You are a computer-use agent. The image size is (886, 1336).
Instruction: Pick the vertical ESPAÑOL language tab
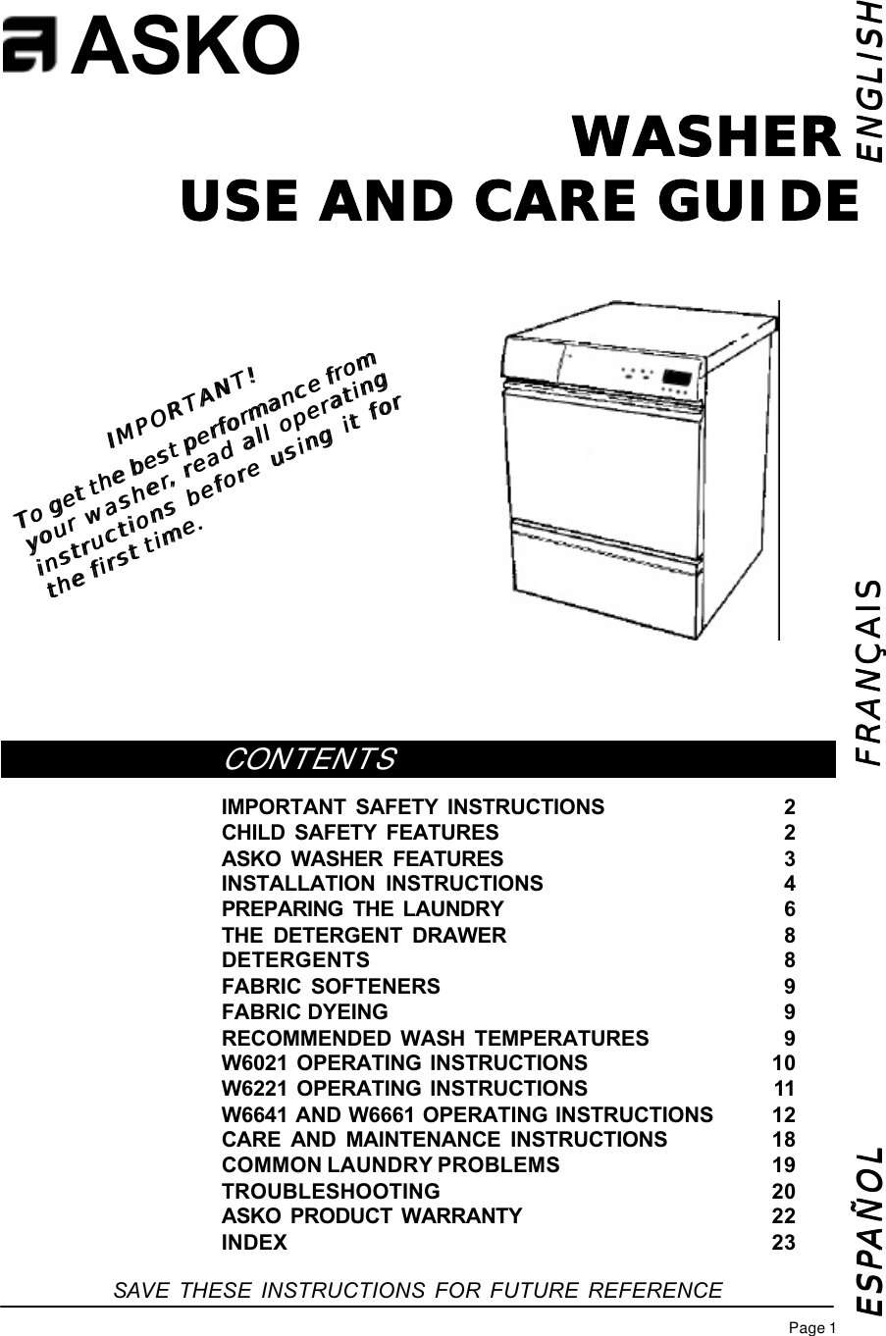click(x=868, y=1227)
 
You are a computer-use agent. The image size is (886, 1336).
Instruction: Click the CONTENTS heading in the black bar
click(x=310, y=760)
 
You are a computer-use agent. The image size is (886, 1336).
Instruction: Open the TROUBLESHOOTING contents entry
click(x=331, y=1191)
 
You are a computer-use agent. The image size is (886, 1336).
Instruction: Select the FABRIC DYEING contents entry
click(x=305, y=1011)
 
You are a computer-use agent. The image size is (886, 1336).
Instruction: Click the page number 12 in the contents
click(x=784, y=1114)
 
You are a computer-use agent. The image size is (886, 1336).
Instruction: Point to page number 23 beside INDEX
click(x=784, y=1243)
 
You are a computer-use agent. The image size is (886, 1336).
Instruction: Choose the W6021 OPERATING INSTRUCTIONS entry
click(x=404, y=1063)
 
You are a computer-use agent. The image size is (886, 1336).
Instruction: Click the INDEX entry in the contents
click(x=255, y=1243)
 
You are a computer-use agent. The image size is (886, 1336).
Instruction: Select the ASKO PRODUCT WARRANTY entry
click(x=372, y=1216)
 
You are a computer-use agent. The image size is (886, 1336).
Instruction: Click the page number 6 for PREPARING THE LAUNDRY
click(x=790, y=909)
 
